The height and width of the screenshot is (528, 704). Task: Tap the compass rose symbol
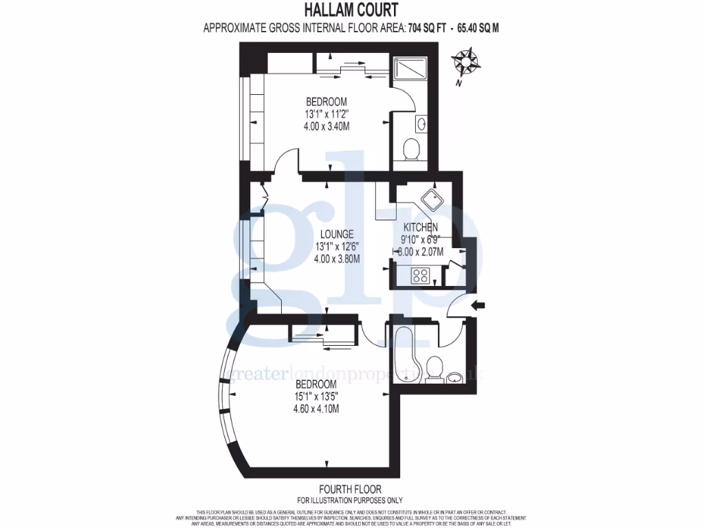pyautogui.click(x=467, y=61)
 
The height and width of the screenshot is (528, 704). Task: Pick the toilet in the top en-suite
pyautogui.click(x=411, y=148)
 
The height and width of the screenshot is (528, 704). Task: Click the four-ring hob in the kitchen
pyautogui.click(x=419, y=276)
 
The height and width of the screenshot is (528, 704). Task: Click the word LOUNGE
pyautogui.click(x=336, y=234)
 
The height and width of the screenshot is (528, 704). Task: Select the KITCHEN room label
pyautogui.click(x=420, y=228)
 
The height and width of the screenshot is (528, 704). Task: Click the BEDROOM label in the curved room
pyautogui.click(x=316, y=384)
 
